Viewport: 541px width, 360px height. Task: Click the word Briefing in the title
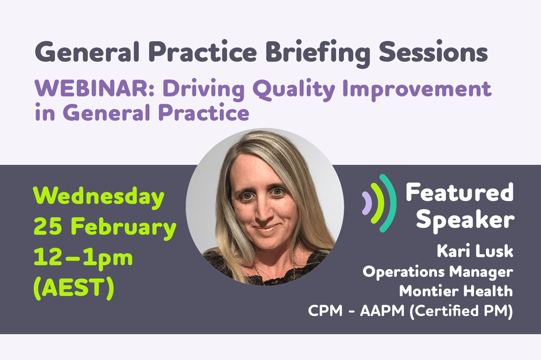tap(318, 54)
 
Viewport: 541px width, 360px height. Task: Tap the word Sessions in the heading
tap(433, 52)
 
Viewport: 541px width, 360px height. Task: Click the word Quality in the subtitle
tap(294, 90)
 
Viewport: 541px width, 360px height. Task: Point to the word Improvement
tap(417, 90)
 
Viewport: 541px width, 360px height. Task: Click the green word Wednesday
tap(98, 197)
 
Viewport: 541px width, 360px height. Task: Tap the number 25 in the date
tap(48, 227)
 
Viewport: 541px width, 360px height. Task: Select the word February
tap(123, 228)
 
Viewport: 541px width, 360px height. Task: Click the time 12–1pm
tap(83, 258)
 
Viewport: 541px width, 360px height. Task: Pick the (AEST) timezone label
tap(74, 288)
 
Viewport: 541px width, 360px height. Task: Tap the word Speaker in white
tap(465, 221)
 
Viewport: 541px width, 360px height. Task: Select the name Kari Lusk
tap(475, 251)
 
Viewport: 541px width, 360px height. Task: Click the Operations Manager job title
tap(438, 272)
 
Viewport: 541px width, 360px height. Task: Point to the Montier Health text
tap(456, 291)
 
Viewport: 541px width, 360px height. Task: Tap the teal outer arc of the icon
tap(391, 203)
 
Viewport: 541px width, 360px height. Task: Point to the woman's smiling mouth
tap(266, 228)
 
